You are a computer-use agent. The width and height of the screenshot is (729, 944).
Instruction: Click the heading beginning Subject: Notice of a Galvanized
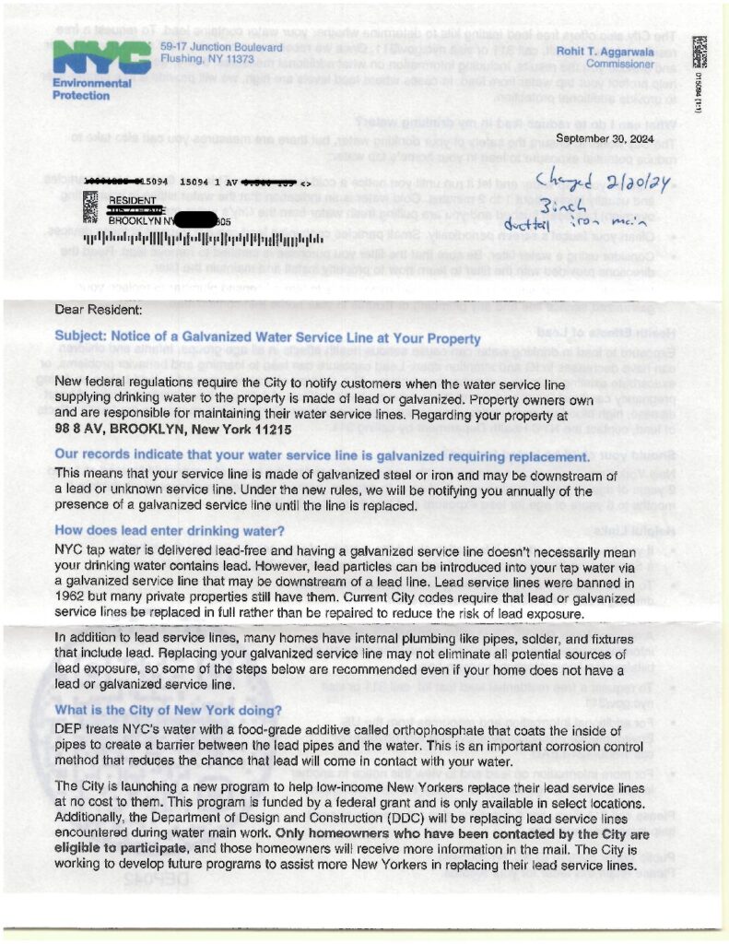tap(267, 338)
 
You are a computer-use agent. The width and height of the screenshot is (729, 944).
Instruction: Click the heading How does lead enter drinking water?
tap(170, 530)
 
